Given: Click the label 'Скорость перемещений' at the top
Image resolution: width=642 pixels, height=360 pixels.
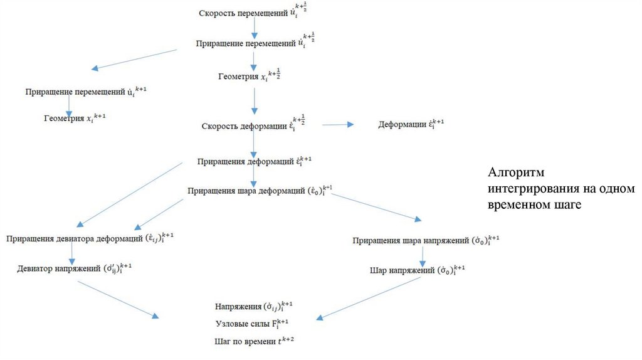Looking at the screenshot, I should tap(238, 13).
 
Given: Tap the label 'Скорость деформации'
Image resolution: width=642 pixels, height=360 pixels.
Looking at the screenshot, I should tap(244, 126).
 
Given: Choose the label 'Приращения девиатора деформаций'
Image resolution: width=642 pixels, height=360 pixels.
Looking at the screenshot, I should tap(75, 238).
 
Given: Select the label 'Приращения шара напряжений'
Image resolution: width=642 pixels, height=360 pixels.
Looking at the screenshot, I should tap(411, 240).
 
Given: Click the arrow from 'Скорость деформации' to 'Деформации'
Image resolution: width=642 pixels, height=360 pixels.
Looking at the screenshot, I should tap(338, 125).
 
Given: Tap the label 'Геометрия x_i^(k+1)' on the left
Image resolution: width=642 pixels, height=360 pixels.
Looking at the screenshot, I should tap(65, 117).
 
